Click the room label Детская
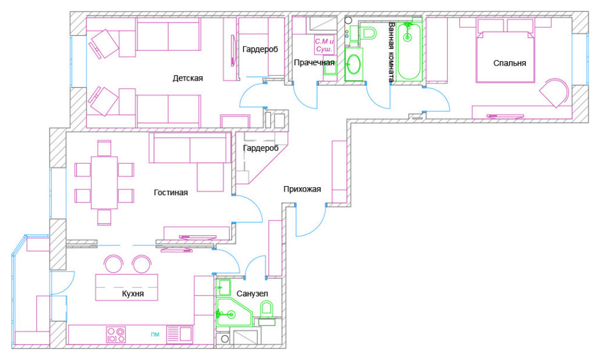[187, 78]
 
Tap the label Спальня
[509, 63]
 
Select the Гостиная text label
[171, 193]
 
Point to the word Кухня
[133, 294]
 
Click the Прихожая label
[302, 189]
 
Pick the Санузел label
[252, 294]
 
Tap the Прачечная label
[314, 63]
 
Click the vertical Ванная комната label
[391, 52]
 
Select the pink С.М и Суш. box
[324, 45]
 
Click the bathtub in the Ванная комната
[409, 51]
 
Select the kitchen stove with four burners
[116, 335]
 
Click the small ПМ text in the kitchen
[155, 335]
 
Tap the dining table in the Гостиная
[104, 182]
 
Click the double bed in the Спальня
[505, 56]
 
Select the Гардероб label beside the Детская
[260, 49]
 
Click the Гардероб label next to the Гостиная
[261, 148]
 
